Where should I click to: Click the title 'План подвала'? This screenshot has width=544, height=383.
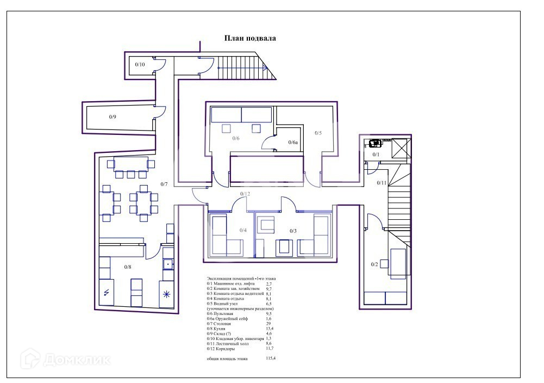[x=250, y=39]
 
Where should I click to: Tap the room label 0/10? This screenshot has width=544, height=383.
[x=140, y=65]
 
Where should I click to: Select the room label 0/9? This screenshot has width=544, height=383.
[x=112, y=116]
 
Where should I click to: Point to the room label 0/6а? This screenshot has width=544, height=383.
[x=293, y=142]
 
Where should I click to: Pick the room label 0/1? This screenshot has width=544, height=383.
[x=376, y=155]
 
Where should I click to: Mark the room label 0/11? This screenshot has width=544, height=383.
[x=382, y=183]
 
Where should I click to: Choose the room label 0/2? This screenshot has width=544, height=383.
[x=374, y=264]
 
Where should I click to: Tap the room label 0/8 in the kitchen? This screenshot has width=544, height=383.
[x=128, y=267]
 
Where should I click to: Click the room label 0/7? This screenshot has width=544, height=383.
[x=164, y=184]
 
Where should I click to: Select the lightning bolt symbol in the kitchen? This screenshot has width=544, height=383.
[x=106, y=293]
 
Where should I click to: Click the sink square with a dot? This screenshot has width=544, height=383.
[x=168, y=264]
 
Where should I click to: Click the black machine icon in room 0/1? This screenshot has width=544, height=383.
[x=375, y=144]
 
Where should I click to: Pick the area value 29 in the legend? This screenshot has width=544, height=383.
[x=267, y=323]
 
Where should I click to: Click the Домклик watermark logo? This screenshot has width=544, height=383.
[x=65, y=359]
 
